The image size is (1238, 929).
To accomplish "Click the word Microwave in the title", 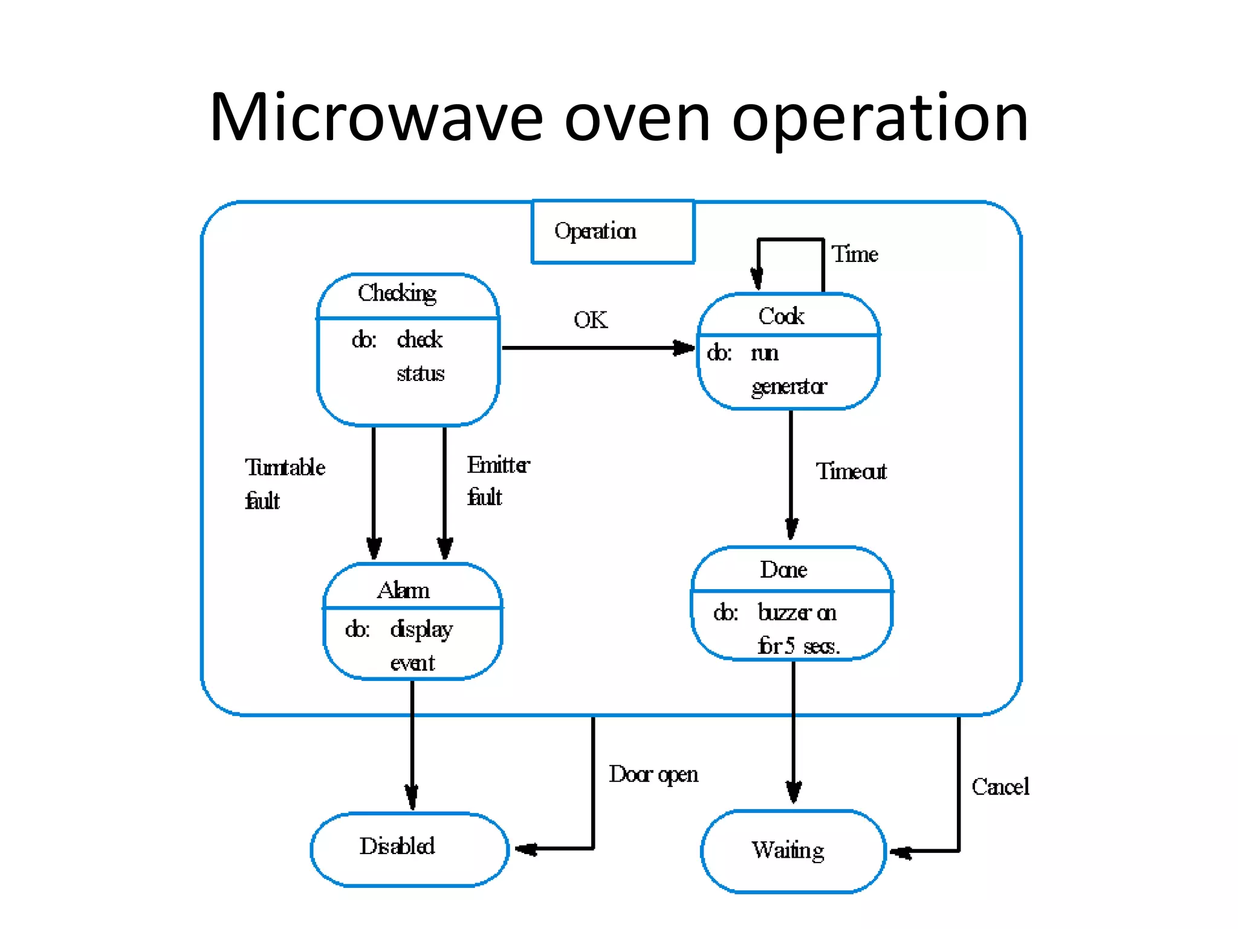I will (376, 117).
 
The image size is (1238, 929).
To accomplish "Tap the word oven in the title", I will (637, 119).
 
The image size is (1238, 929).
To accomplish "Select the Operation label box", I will (613, 232).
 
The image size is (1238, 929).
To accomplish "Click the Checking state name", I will (397, 293).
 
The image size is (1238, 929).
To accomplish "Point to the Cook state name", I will (781, 316).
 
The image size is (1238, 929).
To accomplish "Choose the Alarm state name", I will (403, 590).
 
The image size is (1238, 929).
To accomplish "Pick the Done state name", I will (783, 570).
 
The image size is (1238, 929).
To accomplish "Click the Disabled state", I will (409, 849).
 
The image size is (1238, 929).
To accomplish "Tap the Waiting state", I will (793, 851).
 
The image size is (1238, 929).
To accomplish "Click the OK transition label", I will (591, 320).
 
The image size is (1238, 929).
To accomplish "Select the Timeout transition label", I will (851, 471).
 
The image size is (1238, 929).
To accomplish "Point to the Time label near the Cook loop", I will (855, 254).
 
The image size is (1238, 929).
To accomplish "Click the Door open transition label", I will (653, 775).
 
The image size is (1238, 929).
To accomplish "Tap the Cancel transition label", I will (1000, 787).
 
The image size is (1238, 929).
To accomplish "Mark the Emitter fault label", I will (497, 481).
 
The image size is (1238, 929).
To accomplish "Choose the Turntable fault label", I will (285, 483).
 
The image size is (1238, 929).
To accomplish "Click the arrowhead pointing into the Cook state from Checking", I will (684, 348).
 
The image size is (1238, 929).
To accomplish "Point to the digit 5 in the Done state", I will (789, 646).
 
